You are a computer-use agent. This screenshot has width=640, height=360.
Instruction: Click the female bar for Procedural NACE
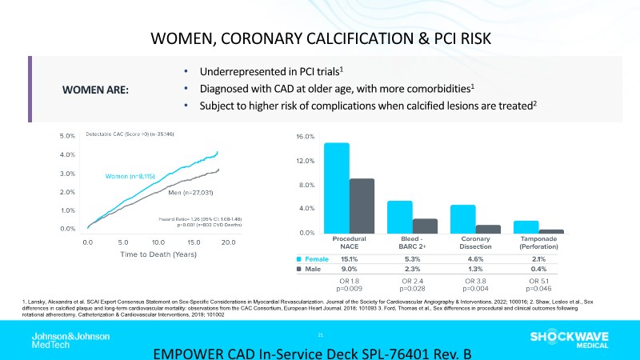(x=337, y=188)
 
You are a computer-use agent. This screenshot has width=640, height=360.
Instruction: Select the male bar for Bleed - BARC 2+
(x=425, y=226)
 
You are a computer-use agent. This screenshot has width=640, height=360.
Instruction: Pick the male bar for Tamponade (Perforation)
(x=551, y=231)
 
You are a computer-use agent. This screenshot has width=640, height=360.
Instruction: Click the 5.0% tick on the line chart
(x=67, y=136)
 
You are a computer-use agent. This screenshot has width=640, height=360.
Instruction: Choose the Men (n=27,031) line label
(x=190, y=193)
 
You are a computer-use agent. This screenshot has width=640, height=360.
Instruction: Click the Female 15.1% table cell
(x=349, y=259)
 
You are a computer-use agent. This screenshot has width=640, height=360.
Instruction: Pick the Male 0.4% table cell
(x=538, y=270)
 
